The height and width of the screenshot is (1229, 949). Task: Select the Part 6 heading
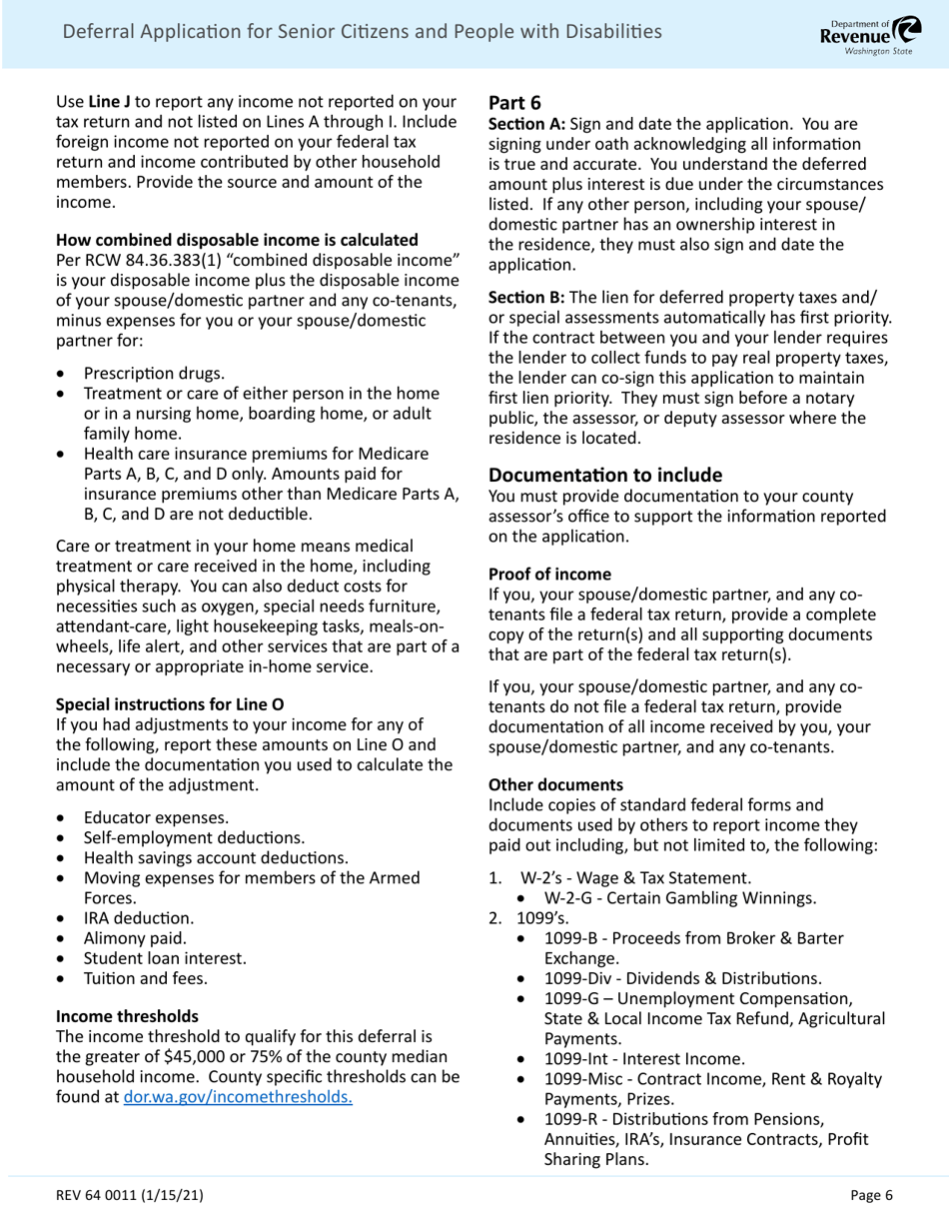tap(514, 102)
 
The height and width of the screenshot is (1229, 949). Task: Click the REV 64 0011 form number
tap(134, 1194)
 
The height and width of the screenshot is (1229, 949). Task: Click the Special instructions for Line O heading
tap(170, 703)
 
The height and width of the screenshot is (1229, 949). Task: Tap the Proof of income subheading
tap(549, 574)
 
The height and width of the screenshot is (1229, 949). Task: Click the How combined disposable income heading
tap(237, 240)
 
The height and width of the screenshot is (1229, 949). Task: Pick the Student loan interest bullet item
tap(165, 958)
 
